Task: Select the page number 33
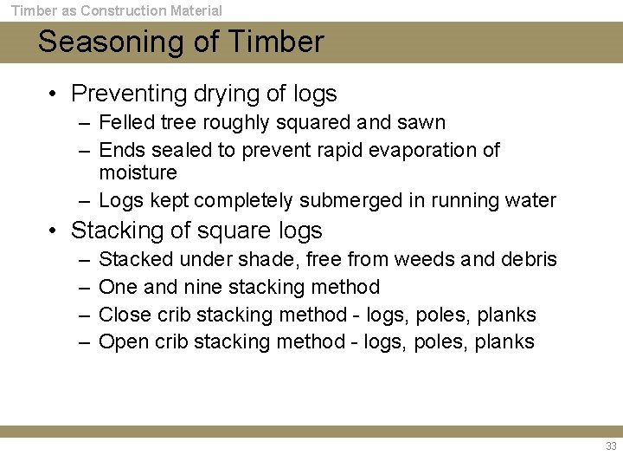[611, 447]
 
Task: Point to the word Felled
[121, 123]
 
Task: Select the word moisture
[138, 173]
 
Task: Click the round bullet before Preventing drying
[54, 94]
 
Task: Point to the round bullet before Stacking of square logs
[54, 231]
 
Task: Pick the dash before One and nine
[83, 287]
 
